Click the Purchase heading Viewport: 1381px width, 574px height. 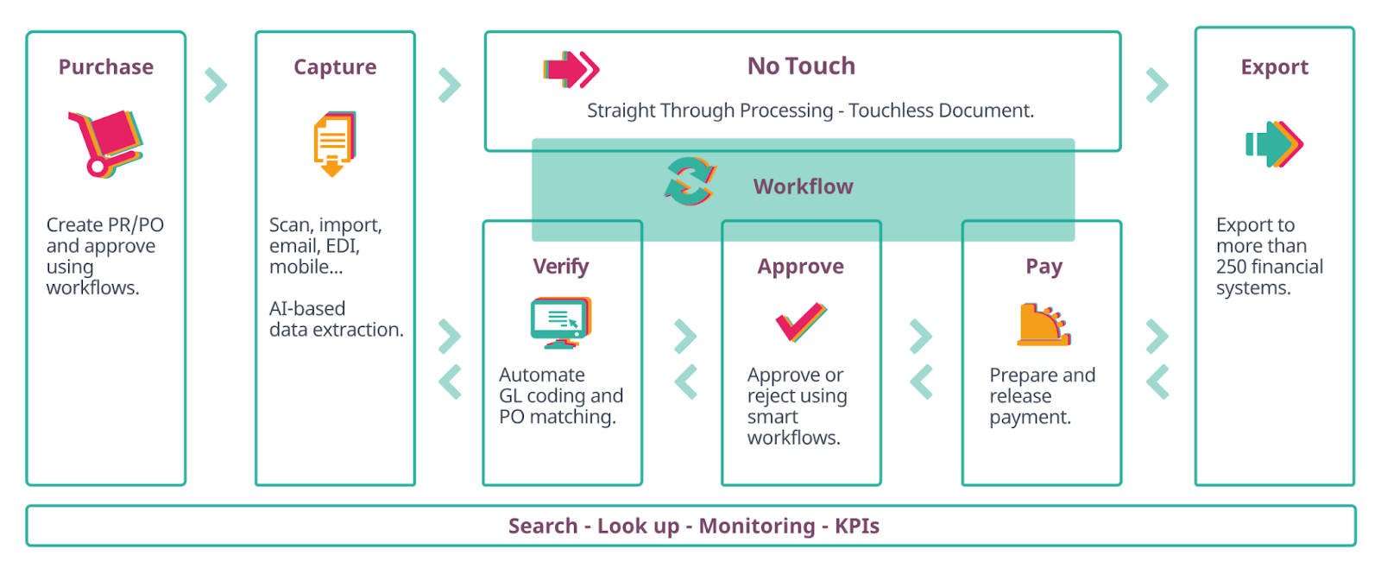coord(105,67)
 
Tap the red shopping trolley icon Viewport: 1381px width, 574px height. coord(105,143)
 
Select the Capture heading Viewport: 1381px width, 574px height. coord(335,67)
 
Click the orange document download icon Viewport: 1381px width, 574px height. coord(334,143)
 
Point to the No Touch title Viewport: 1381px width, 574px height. coord(801,66)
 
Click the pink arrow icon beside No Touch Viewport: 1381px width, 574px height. coord(571,69)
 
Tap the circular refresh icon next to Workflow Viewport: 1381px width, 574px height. coord(690,181)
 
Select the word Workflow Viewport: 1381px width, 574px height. coord(803,186)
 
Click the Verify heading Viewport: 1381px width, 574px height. coord(561,267)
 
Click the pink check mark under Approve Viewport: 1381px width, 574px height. coord(800,323)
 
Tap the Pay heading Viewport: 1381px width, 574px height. coord(1044,267)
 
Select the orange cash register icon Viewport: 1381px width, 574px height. coord(1043,325)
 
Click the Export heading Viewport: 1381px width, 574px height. coord(1274,67)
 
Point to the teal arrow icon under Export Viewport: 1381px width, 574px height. coord(1274,144)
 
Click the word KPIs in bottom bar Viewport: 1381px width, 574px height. coord(857,527)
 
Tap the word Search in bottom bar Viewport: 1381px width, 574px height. coord(543,527)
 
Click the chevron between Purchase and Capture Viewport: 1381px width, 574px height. coord(216,85)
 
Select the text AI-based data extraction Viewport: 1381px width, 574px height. coord(336,319)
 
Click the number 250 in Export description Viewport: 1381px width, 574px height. coord(1232,267)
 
